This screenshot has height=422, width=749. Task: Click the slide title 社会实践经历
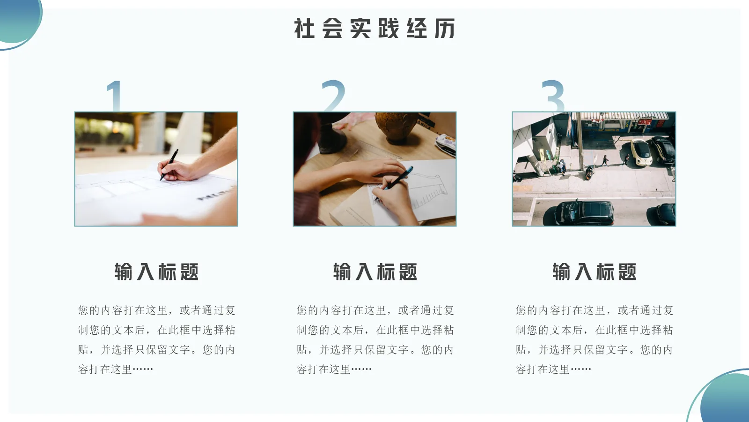[x=374, y=29]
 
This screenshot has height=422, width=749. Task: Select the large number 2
[x=333, y=96]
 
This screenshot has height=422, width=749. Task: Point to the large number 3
[x=553, y=96]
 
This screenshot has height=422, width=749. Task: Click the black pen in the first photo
[x=169, y=164]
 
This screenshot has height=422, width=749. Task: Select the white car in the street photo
[x=640, y=151]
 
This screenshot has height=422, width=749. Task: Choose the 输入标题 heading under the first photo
[x=156, y=272]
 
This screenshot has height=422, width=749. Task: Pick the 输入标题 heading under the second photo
[x=375, y=272]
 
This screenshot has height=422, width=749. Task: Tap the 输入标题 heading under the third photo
[x=594, y=272]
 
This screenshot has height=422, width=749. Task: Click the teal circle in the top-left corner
[x=19, y=19]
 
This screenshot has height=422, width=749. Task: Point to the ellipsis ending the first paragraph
[x=143, y=369]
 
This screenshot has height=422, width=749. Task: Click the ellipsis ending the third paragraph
[x=580, y=369]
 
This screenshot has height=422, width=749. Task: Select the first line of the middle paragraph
[x=375, y=310]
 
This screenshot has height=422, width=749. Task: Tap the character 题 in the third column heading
[x=626, y=272]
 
